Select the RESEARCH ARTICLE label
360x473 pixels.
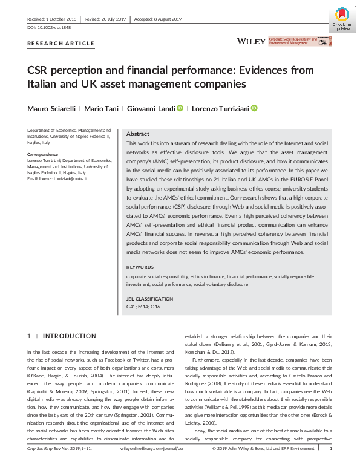61,44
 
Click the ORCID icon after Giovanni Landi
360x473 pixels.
180,108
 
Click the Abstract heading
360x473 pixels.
138,134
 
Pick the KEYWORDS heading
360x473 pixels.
140,267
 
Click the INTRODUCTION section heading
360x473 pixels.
70,336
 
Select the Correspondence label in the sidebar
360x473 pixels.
42,154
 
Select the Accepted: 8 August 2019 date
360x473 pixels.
159,19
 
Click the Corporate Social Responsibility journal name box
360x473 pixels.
301,41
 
